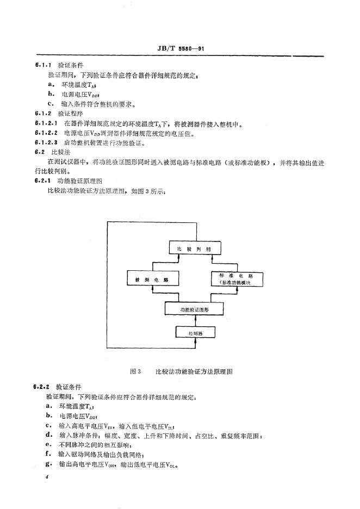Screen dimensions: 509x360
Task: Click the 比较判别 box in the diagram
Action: pyautogui.click(x=194, y=249)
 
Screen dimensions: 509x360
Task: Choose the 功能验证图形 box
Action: pyautogui.click(x=194, y=308)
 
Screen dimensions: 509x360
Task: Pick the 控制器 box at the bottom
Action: pyautogui.click(x=194, y=332)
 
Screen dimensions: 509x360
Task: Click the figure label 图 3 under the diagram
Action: pyautogui.click(x=136, y=371)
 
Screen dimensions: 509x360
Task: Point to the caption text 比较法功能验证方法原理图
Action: pyautogui.click(x=194, y=371)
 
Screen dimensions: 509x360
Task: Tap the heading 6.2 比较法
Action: pyautogui.click(x=49, y=152)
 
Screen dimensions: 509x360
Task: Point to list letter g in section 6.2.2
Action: pyautogui.click(x=49, y=464)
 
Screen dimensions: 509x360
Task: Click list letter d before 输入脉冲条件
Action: pyautogui.click(x=49, y=435)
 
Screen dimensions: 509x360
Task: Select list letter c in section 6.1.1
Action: pyautogui.click(x=49, y=103)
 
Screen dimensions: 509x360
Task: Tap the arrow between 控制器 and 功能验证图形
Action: pyautogui.click(x=194, y=321)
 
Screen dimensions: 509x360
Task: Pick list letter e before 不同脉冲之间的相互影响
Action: pyautogui.click(x=49, y=444)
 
